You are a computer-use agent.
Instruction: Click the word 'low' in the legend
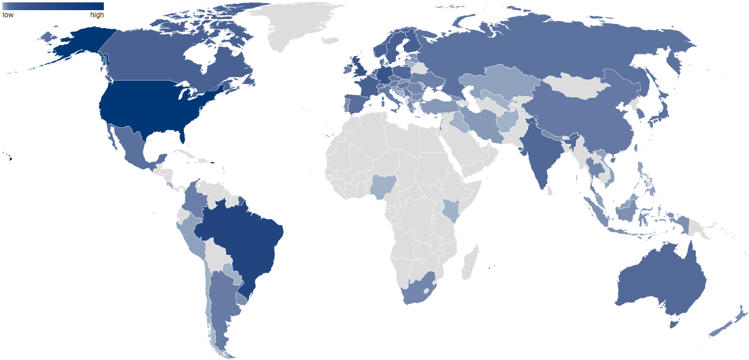(8, 15)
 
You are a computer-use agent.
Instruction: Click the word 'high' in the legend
(97, 15)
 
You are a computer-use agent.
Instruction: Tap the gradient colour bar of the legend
(53, 6)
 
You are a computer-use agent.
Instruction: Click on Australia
(662, 281)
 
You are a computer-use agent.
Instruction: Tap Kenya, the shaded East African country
(452, 210)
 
